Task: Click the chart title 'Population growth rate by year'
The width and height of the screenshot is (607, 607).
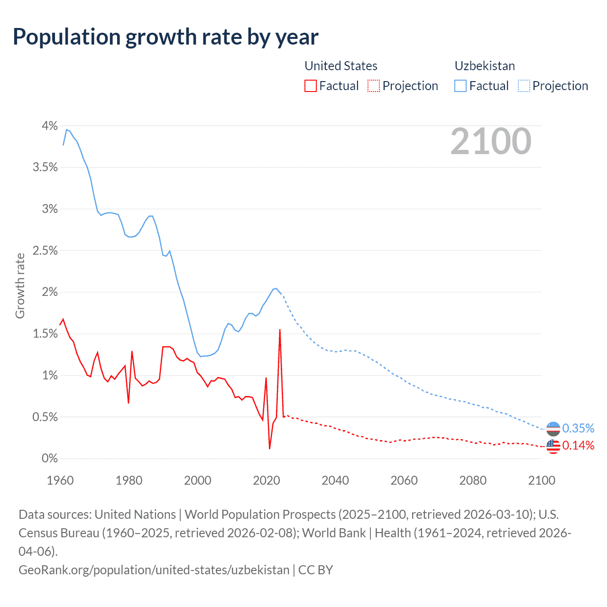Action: (166, 37)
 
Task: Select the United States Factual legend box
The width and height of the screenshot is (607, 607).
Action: (311, 86)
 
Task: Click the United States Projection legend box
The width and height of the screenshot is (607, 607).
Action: (374, 86)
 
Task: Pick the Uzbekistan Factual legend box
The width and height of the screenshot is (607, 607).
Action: (460, 86)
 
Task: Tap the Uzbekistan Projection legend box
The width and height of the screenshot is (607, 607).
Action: (524, 86)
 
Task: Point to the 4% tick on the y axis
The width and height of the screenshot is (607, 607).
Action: (49, 126)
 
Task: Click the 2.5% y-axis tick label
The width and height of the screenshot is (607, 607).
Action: (45, 251)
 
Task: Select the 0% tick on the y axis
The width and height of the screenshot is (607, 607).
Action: (49, 459)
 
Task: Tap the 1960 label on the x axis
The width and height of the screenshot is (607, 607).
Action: (60, 480)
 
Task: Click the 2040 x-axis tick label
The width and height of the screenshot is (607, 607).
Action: (335, 480)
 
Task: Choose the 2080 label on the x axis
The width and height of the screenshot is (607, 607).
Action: (473, 480)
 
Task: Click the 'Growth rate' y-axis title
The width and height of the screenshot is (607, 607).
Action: (20, 286)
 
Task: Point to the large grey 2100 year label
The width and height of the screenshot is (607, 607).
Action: (491, 141)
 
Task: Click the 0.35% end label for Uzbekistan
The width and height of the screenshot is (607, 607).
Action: (578, 428)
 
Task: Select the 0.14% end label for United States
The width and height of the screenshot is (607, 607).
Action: (578, 445)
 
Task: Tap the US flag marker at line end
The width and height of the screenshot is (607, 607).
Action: (553, 446)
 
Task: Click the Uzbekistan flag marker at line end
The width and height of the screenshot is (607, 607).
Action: (553, 429)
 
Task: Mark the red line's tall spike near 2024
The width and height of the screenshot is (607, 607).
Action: (280, 330)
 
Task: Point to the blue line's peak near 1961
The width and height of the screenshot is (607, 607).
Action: (66, 129)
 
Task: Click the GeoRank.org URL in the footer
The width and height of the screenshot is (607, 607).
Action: (154, 570)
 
